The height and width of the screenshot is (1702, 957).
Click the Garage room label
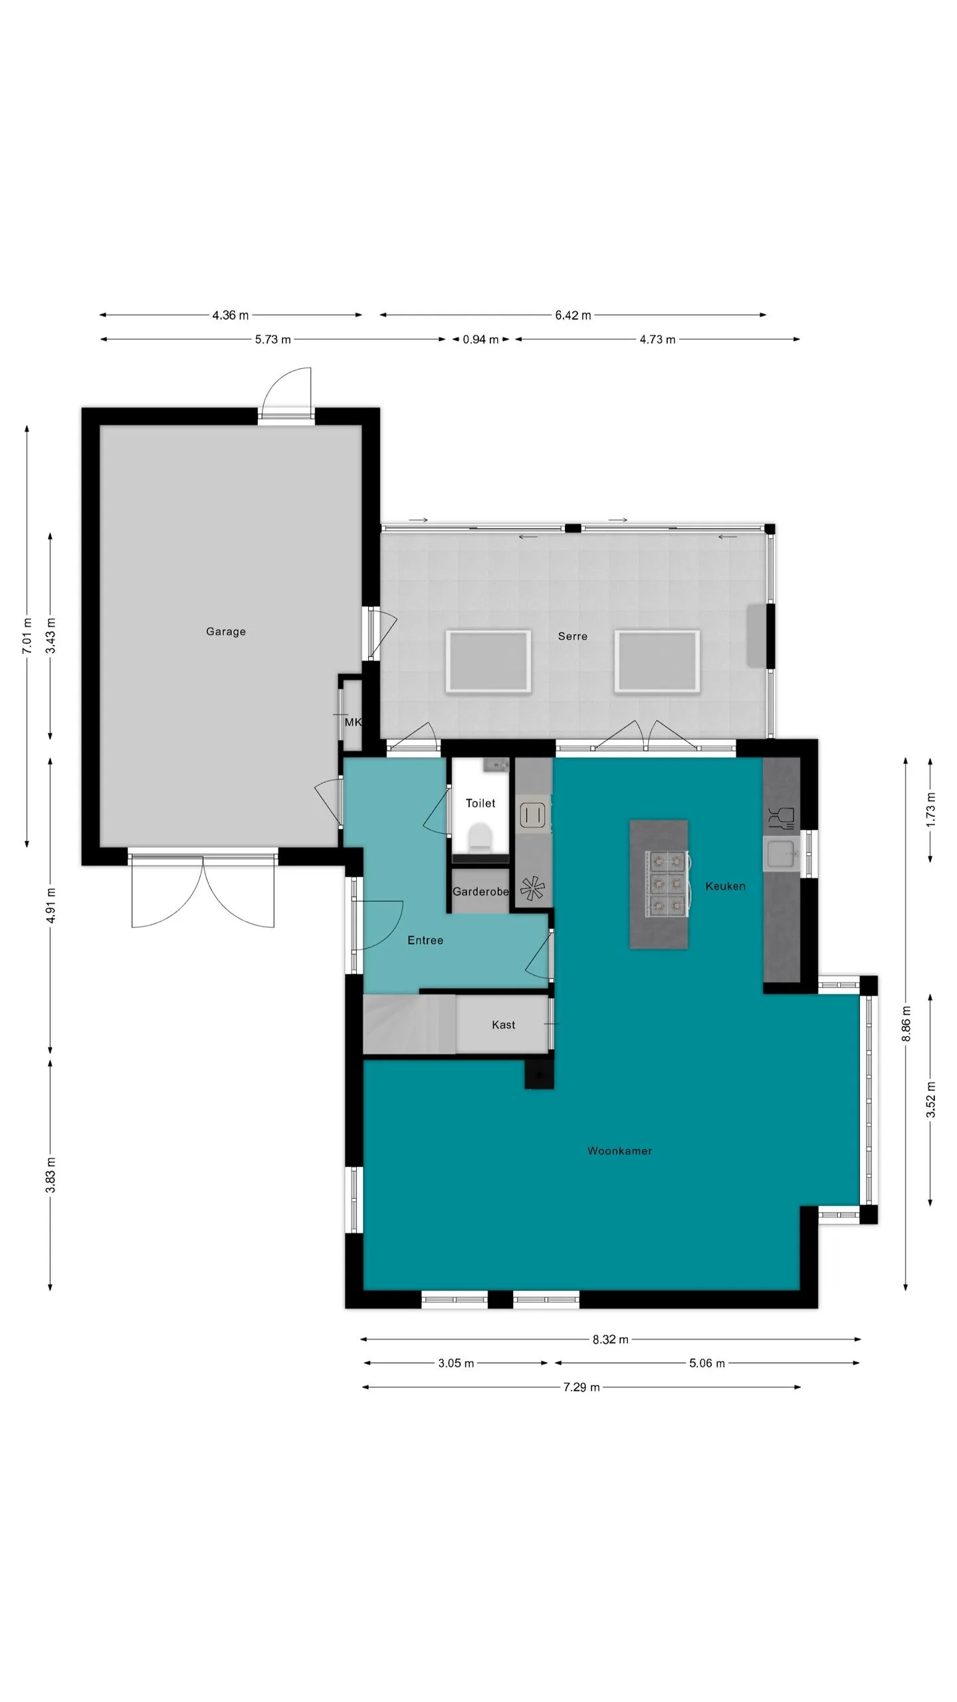(x=226, y=632)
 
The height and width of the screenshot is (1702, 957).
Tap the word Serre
(x=573, y=636)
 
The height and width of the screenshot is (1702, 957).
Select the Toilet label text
(x=480, y=803)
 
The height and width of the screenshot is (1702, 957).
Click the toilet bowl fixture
(x=480, y=838)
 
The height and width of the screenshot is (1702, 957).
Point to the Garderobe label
(x=480, y=892)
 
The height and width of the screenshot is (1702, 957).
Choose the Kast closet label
(x=503, y=1025)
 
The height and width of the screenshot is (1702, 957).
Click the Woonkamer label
(x=619, y=1151)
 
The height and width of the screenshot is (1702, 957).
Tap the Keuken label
(x=725, y=886)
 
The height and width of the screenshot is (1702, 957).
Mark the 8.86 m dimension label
(x=906, y=1025)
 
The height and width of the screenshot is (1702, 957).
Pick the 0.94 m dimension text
(x=480, y=340)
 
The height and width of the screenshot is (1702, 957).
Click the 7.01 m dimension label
(x=27, y=636)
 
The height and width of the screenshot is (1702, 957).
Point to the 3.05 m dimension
(x=456, y=1363)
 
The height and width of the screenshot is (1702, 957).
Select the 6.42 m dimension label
(x=573, y=315)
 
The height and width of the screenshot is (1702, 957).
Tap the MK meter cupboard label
(x=353, y=722)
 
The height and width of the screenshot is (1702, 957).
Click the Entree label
(x=425, y=940)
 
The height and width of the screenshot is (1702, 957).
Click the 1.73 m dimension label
(x=930, y=809)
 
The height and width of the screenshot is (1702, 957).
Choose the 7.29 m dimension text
(x=582, y=1387)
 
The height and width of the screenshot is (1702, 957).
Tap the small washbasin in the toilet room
(x=496, y=765)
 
